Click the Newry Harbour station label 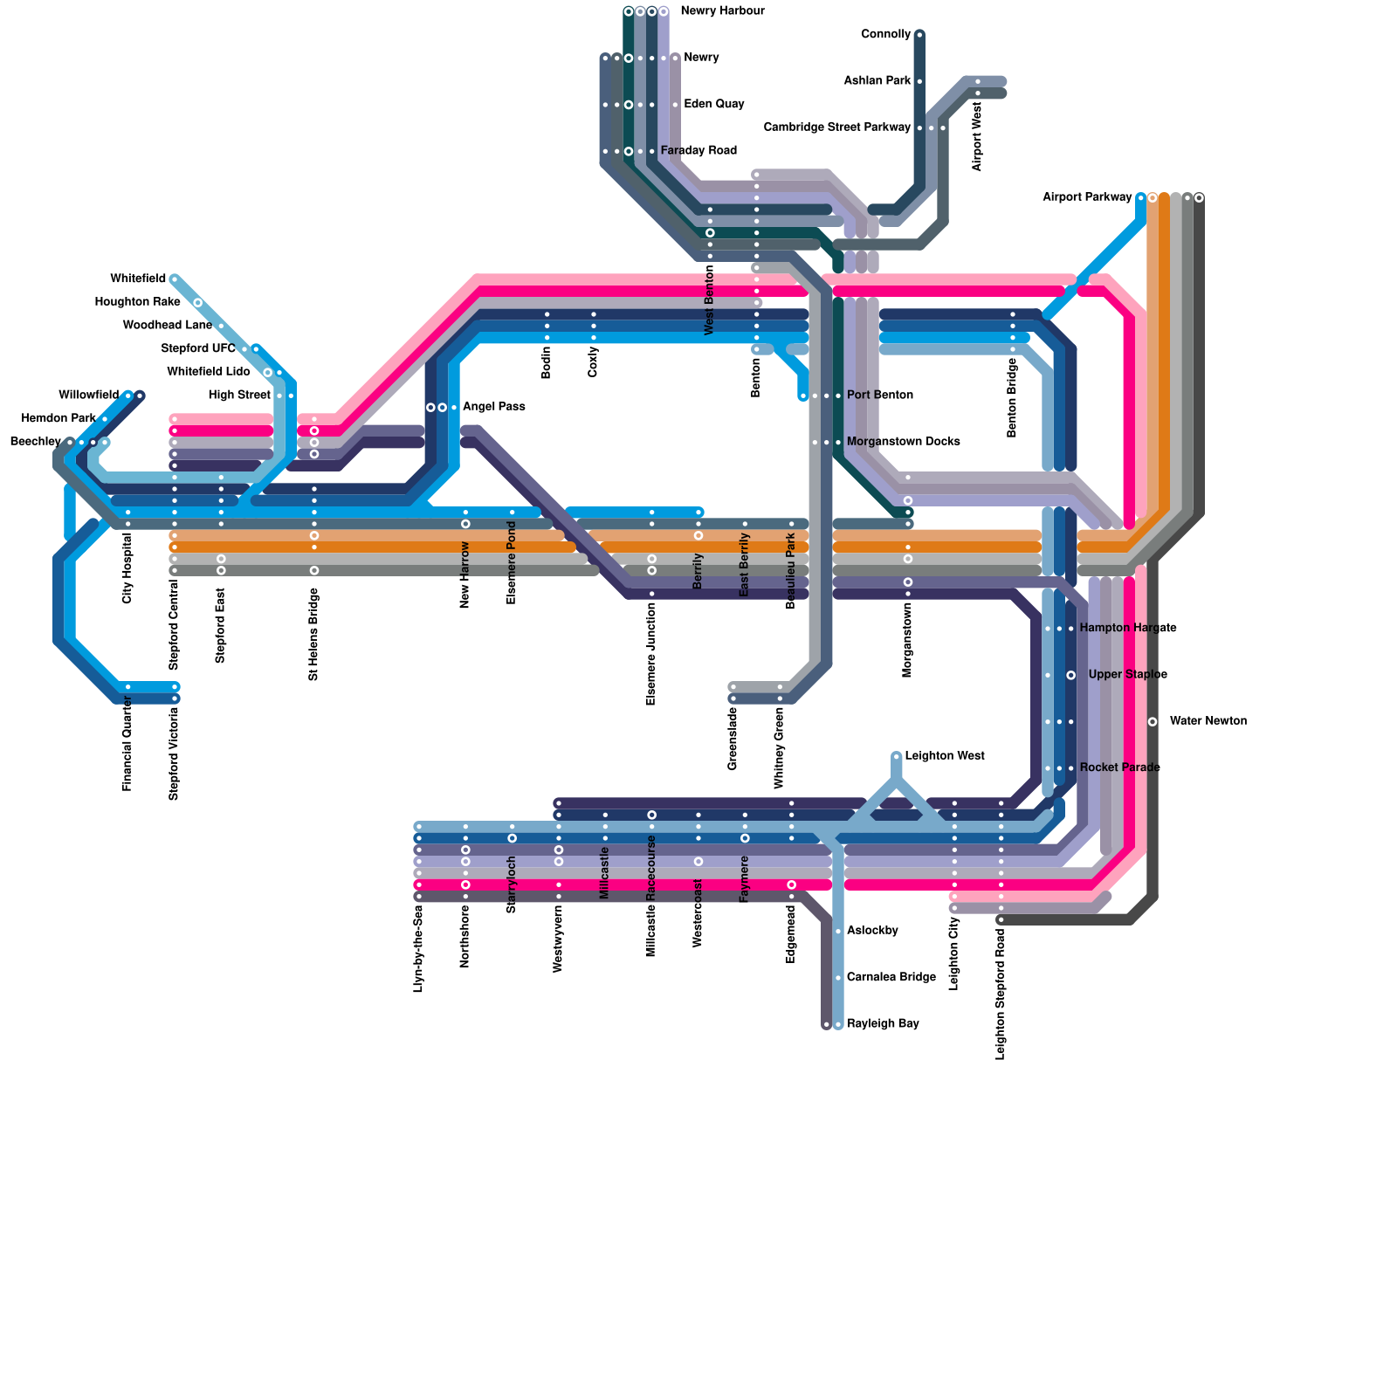point(722,11)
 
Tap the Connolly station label point(885,35)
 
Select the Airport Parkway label point(1086,197)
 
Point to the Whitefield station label point(138,279)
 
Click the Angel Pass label point(493,407)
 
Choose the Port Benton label point(879,396)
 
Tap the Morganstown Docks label point(903,442)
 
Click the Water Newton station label point(1208,721)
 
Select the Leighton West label point(944,756)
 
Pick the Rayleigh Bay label point(882,1023)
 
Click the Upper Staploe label point(1127,675)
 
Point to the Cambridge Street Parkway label point(836,127)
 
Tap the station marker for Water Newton point(1153,721)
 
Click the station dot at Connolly point(919,35)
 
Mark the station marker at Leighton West point(897,756)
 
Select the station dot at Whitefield point(175,279)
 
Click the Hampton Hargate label point(1127,629)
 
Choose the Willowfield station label point(88,396)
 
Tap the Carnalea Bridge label point(891,977)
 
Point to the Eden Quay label point(713,105)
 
